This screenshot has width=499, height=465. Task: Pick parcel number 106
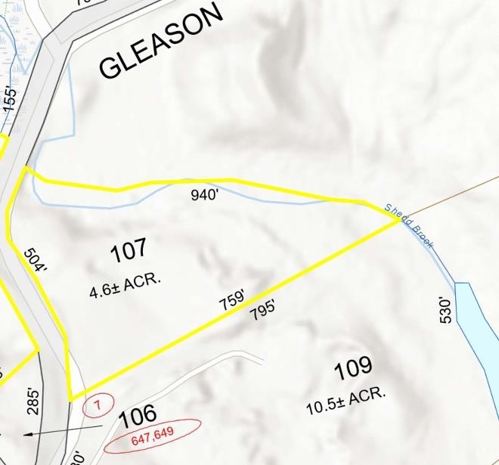click(x=138, y=414)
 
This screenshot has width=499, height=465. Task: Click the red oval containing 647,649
click(x=153, y=436)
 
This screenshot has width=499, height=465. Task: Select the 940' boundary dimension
click(x=204, y=195)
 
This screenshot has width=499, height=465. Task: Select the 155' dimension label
click(x=9, y=99)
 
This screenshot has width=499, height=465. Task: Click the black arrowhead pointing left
click(x=28, y=434)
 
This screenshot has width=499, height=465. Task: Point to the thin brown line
click(x=454, y=197)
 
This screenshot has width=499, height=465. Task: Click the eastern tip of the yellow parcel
click(x=399, y=220)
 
